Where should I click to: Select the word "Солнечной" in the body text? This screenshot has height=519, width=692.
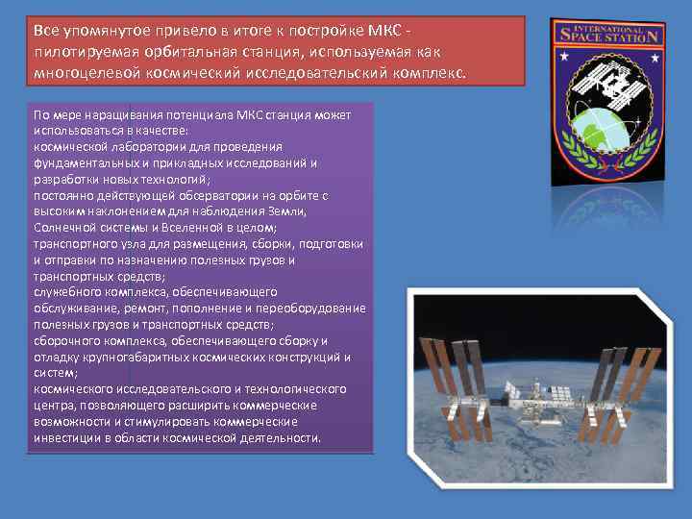pyautogui.click(x=63, y=227)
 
